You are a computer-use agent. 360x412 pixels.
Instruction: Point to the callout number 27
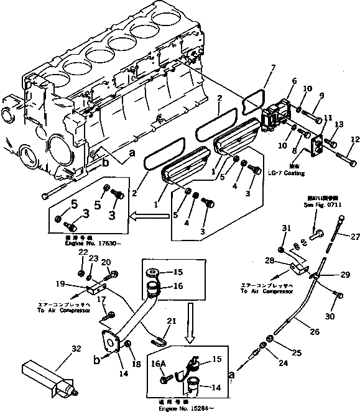pyautogui.click(x=355, y=236)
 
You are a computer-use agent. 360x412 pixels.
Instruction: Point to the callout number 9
pyautogui.click(x=322, y=95)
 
